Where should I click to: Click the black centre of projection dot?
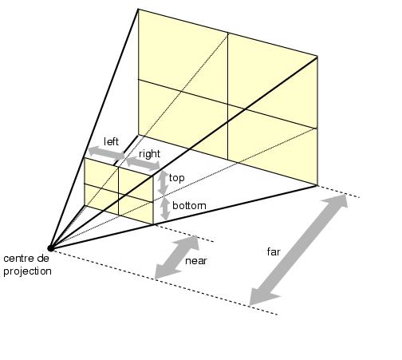(x=50, y=248)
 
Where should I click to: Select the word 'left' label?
(x=111, y=141)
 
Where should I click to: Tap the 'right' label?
(x=149, y=154)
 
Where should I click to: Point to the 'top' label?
(x=176, y=178)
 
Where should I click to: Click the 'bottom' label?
(x=189, y=206)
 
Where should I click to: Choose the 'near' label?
(x=196, y=261)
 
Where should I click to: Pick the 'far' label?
(x=274, y=251)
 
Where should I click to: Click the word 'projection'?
(x=27, y=271)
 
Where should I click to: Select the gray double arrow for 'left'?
(x=106, y=153)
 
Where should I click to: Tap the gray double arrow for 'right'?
(x=143, y=164)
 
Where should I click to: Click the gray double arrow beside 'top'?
(x=163, y=183)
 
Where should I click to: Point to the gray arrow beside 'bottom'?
(x=165, y=209)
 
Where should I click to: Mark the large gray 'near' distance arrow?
(x=177, y=257)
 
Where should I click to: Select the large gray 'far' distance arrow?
(x=298, y=250)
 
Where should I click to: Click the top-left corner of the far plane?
(x=138, y=10)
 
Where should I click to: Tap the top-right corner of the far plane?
(x=317, y=57)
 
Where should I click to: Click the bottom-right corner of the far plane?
(x=317, y=184)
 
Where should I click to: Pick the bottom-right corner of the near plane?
(x=153, y=224)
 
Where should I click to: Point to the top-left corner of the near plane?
(x=85, y=158)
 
